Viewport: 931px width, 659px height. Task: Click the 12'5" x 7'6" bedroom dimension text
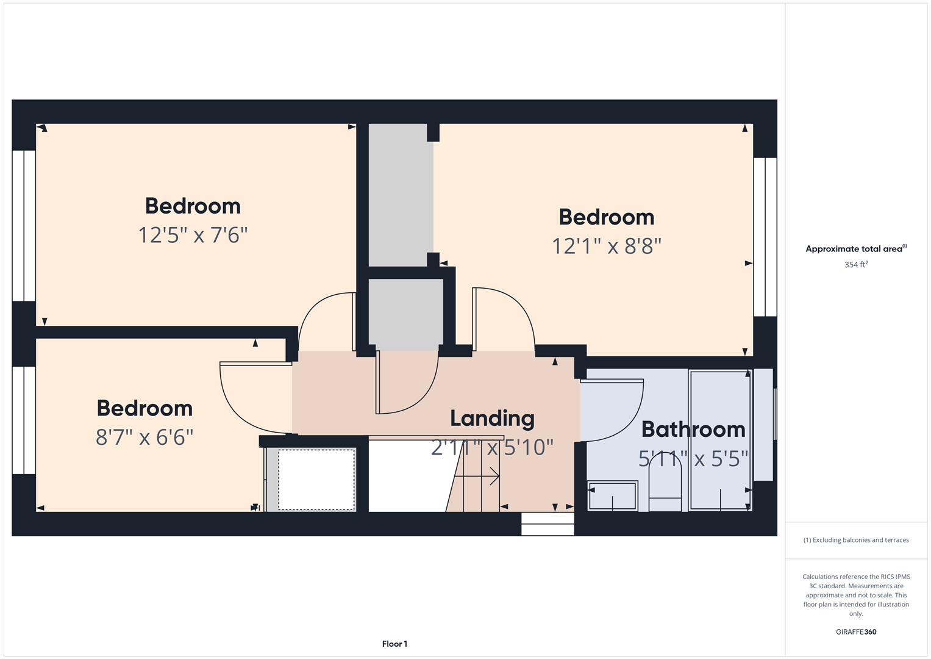[193, 235]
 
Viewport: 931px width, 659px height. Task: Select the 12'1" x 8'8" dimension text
[606, 246]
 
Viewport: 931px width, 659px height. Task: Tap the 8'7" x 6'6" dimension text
[144, 438]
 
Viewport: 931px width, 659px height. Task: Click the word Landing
[492, 419]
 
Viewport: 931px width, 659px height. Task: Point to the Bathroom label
[693, 430]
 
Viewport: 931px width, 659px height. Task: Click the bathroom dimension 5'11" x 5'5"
[693, 458]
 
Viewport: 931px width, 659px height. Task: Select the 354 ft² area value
[855, 265]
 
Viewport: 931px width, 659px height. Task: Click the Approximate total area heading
[855, 249]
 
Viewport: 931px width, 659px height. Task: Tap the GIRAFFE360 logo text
[855, 632]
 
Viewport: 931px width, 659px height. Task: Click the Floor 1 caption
[394, 644]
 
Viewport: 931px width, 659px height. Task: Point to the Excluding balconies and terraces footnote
[855, 540]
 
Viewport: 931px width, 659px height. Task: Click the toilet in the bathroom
[665, 485]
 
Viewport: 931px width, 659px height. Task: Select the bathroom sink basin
[612, 495]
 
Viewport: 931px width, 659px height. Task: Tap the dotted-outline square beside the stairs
[316, 480]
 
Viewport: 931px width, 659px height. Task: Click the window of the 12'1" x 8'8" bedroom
[765, 237]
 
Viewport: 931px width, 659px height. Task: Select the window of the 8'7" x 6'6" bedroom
[24, 420]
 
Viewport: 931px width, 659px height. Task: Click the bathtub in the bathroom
[720, 439]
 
